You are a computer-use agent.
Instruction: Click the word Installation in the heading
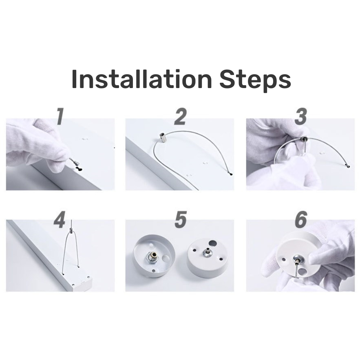tap(141, 79)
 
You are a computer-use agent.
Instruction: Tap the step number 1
tap(60, 117)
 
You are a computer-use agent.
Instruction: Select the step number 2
tap(180, 117)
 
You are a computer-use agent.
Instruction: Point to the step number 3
tap(300, 117)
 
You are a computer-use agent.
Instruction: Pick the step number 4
tap(60, 220)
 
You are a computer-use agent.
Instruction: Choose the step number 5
tap(180, 220)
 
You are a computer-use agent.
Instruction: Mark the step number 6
tap(301, 220)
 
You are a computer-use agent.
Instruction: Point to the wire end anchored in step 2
tap(230, 174)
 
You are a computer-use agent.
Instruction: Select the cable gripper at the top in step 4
tap(71, 230)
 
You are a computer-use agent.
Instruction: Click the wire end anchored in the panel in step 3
tap(348, 166)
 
